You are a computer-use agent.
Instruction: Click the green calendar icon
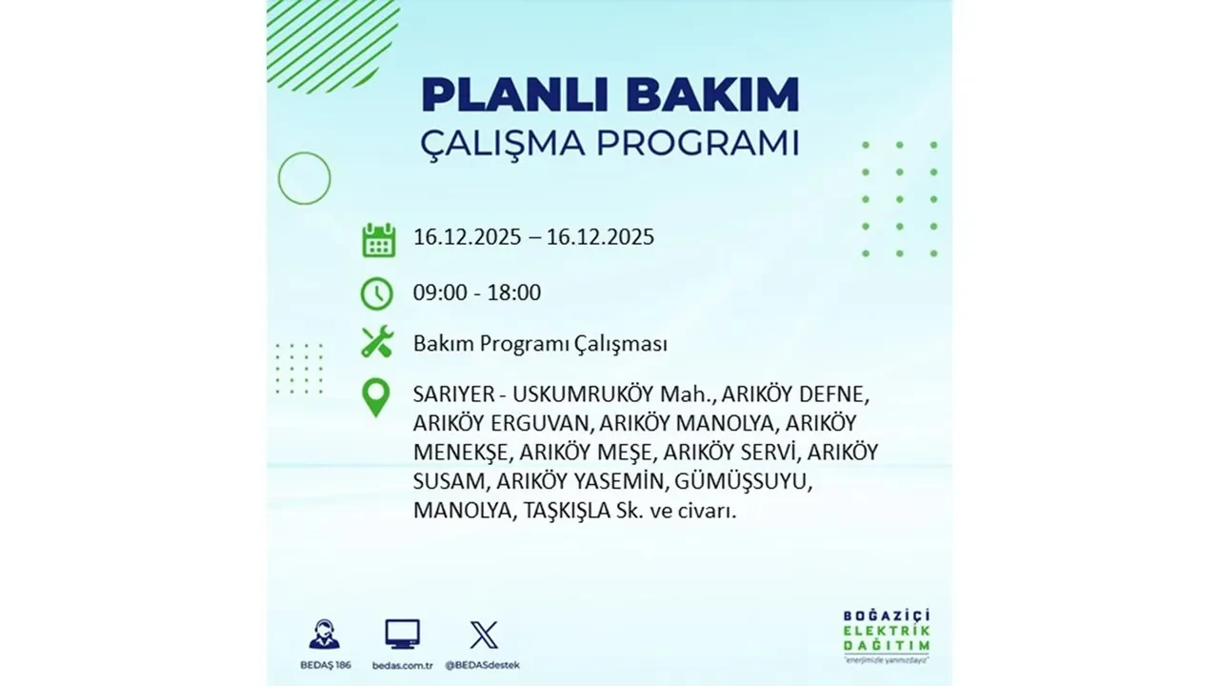[x=378, y=239]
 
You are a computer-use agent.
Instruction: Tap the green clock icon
[x=377, y=293]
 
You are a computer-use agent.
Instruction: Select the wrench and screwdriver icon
[x=377, y=342]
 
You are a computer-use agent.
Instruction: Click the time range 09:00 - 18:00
[x=476, y=293]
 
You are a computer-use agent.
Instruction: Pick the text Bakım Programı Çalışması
[x=540, y=344]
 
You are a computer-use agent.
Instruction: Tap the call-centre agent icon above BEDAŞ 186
[x=324, y=634]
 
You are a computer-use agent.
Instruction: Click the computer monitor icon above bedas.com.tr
[x=402, y=634]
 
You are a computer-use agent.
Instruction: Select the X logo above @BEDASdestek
[x=484, y=634]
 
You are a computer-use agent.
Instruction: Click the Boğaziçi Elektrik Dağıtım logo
[x=887, y=634]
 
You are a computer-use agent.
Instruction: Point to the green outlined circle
[x=304, y=178]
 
